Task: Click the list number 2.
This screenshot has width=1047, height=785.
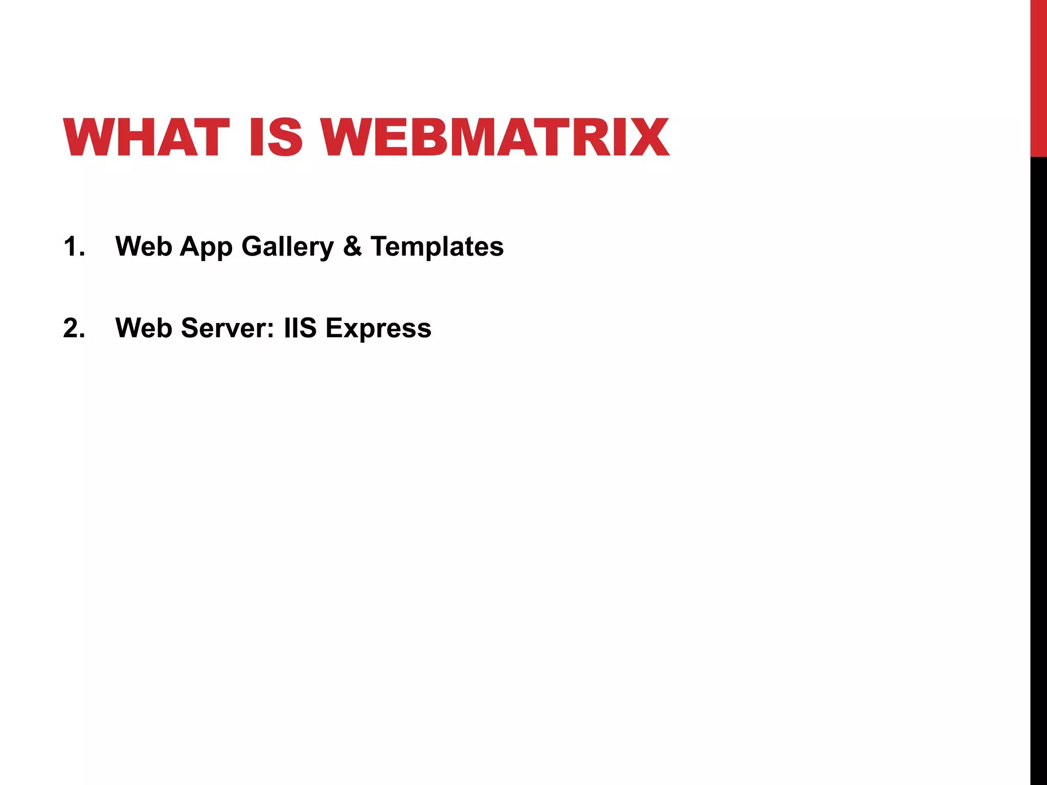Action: point(73,328)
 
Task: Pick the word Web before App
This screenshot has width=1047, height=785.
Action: point(144,246)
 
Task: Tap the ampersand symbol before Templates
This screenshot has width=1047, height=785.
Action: point(352,246)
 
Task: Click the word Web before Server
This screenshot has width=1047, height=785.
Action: point(144,328)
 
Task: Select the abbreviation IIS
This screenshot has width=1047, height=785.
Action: point(301,328)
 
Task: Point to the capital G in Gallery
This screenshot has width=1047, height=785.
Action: point(252,246)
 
